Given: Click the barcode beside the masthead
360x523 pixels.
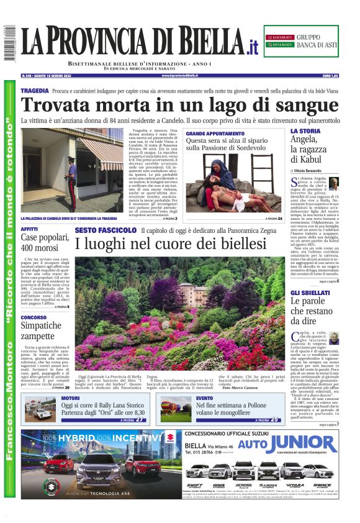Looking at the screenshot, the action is tap(9, 43).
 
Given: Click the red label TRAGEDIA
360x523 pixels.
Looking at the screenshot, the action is tap(34, 91).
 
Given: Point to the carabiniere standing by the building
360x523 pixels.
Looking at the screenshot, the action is tap(71, 180).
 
